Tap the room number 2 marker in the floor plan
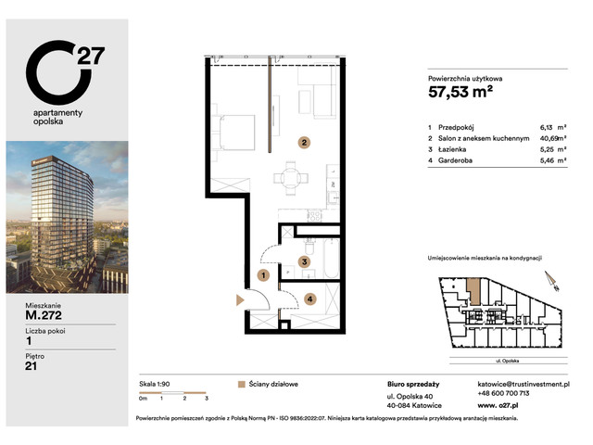(302, 143)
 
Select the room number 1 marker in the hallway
(263, 275)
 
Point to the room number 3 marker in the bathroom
(303, 262)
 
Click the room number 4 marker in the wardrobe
(309, 299)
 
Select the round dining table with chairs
(289, 175)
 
